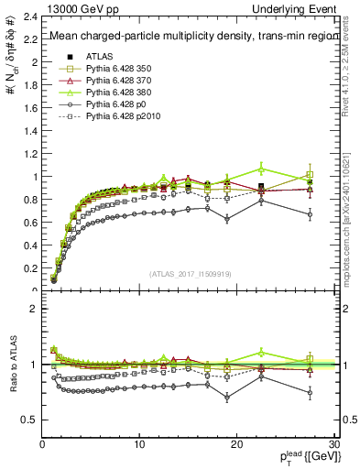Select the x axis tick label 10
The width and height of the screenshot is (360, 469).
[x=139, y=444]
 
